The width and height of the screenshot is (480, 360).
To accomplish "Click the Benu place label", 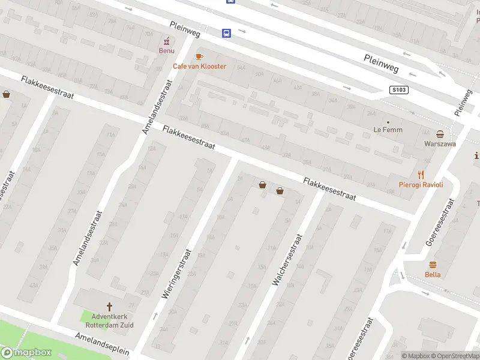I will coord(166,50).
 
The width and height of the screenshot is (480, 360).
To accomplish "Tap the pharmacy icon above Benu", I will coord(166,41).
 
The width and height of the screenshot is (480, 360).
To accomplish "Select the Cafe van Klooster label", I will coord(200,66).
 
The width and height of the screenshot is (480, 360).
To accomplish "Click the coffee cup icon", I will coord(199,56).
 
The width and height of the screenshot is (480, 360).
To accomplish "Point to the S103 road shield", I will coord(398,90).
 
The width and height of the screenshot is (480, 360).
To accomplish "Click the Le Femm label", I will coord(388,130).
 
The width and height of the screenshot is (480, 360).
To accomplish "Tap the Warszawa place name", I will coord(440,144).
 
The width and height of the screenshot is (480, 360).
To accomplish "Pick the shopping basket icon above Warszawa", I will coord(440,134).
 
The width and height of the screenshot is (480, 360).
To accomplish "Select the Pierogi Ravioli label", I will coord(421,185).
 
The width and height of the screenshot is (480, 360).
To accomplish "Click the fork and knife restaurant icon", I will coord(421,175).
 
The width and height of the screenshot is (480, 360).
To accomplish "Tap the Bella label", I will coord(433,274).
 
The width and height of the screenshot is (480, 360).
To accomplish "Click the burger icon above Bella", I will coord(433,265).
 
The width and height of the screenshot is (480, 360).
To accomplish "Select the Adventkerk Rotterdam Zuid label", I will coord(109,321).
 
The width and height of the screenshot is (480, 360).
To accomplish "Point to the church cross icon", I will coord(109,307).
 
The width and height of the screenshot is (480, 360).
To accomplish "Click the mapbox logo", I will coord(25,353).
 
